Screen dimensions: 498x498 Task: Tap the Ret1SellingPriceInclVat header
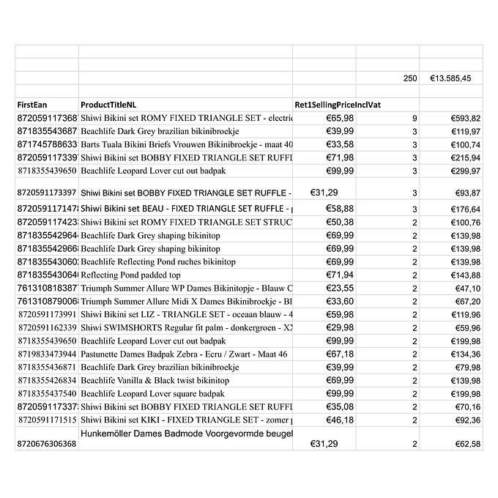pos(338,105)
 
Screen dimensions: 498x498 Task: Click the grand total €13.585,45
pos(450,78)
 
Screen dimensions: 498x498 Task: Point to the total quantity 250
pos(409,78)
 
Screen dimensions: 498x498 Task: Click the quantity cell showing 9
pos(415,118)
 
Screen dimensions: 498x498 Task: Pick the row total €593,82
pos(465,118)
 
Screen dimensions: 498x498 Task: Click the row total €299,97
pos(465,171)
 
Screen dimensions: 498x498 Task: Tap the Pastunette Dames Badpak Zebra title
pos(184,354)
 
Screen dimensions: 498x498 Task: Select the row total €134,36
pos(465,354)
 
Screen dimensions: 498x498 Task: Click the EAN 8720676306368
pos(46,444)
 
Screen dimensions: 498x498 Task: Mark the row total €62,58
pos(467,444)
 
